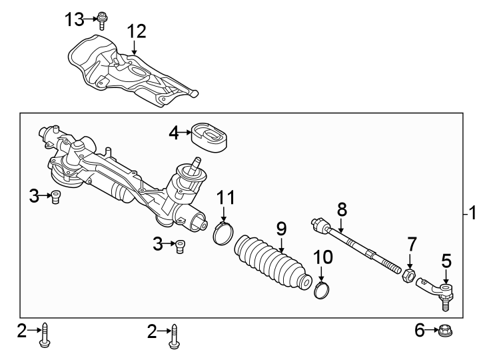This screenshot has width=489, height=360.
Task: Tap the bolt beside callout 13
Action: pyautogui.click(x=102, y=21)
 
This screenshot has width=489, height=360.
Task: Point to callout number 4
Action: pyautogui.click(x=174, y=133)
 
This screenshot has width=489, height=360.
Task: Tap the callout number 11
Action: pyautogui.click(x=227, y=197)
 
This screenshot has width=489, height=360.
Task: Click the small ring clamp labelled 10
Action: pyautogui.click(x=322, y=290)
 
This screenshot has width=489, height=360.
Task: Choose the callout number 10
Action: pyautogui.click(x=322, y=256)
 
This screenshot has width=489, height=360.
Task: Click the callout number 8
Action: pyautogui.click(x=342, y=209)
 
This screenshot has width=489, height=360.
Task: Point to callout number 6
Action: pyautogui.click(x=420, y=330)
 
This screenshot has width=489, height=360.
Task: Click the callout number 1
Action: pyautogui.click(x=472, y=213)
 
